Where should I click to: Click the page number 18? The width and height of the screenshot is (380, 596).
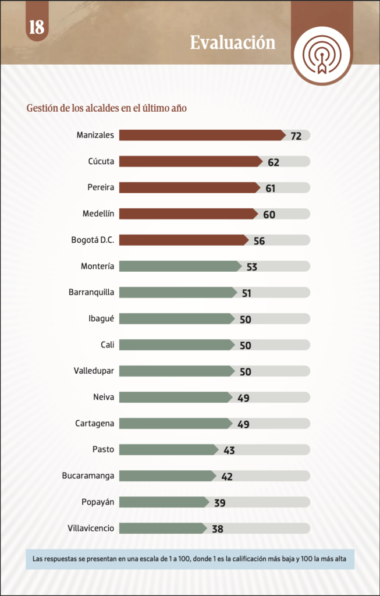pyautogui.click(x=37, y=28)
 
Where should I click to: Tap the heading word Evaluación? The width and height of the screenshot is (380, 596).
pyautogui.click(x=233, y=42)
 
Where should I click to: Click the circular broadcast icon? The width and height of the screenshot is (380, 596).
pyautogui.click(x=322, y=55)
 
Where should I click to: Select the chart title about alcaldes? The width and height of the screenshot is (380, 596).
pyautogui.click(x=106, y=108)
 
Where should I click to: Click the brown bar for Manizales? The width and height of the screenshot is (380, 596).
pyautogui.click(x=203, y=135)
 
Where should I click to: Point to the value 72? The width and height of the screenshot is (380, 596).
pyautogui.click(x=296, y=136)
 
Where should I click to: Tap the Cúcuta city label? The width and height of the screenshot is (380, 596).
pyautogui.click(x=101, y=161)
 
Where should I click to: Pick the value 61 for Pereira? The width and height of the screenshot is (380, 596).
pyautogui.click(x=270, y=189)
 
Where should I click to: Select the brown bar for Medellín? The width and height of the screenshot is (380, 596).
pyautogui.click(x=189, y=214)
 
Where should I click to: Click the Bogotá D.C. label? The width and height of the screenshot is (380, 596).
pyautogui.click(x=93, y=240)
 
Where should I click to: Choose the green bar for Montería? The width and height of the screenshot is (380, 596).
pyautogui.click(x=180, y=266)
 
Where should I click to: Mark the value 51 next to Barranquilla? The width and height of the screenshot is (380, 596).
pyautogui.click(x=247, y=293)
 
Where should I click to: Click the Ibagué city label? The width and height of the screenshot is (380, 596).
pyautogui.click(x=101, y=318)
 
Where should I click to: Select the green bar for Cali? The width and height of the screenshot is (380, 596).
pyautogui.click(x=177, y=345)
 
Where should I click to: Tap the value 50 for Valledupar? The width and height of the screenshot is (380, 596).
pyautogui.click(x=246, y=372)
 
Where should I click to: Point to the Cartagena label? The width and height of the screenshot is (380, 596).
pyautogui.click(x=95, y=424)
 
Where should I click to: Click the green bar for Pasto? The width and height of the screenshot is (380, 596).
pyautogui.click(x=169, y=450)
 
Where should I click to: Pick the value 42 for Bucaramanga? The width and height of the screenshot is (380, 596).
pyautogui.click(x=227, y=477)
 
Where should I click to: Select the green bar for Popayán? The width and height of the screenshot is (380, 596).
pyautogui.click(x=164, y=502)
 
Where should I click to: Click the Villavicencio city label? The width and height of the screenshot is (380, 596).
pyautogui.click(x=91, y=528)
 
